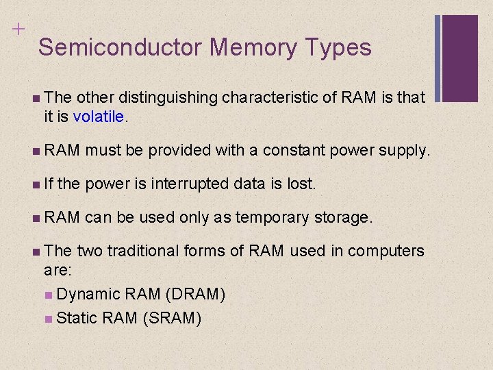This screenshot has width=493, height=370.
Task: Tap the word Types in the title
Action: click(x=338, y=47)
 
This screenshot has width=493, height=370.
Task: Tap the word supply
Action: click(x=406, y=150)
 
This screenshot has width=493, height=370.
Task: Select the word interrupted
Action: click(x=190, y=184)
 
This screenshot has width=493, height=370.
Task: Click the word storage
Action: click(x=343, y=217)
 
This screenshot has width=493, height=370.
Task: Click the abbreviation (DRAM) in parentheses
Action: click(x=194, y=294)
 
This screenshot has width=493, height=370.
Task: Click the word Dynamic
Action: click(x=89, y=294)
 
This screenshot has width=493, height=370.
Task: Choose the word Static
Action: click(x=77, y=319)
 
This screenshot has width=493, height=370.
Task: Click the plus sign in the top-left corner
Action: click(x=16, y=29)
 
